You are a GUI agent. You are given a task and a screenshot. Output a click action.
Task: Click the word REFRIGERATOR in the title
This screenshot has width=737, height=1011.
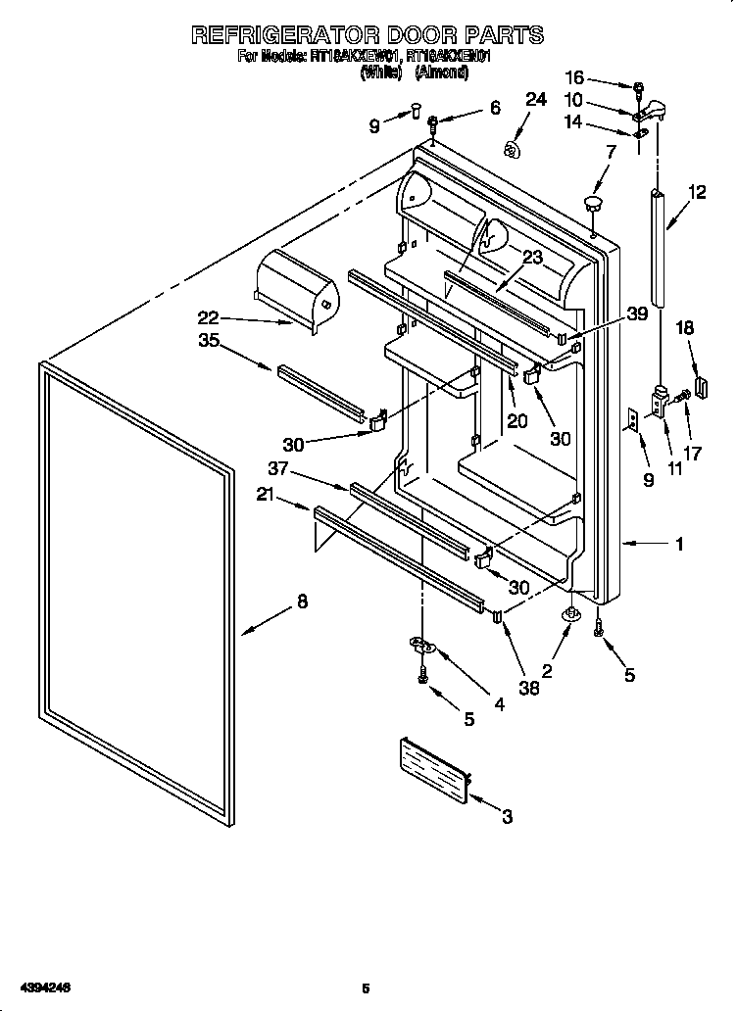pos(285,35)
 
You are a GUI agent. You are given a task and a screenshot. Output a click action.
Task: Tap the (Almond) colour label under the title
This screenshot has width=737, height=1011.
pos(441,72)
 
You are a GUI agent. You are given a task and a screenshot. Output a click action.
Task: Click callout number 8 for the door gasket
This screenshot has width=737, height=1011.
pos(302,602)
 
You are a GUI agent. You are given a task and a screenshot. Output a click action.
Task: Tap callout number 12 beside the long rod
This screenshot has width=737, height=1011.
pos(697,193)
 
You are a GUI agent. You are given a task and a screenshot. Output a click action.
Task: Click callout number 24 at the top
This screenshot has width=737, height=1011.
pos(534,99)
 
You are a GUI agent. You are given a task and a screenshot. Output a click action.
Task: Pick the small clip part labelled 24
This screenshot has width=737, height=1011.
pos(510,148)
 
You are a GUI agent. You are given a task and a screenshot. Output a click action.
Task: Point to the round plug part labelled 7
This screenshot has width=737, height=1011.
pos(592,204)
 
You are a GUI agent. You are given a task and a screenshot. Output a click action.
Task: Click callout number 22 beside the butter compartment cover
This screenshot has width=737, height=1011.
pos(207,317)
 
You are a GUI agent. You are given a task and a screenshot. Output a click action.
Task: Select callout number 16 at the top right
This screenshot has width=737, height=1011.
pos(574,77)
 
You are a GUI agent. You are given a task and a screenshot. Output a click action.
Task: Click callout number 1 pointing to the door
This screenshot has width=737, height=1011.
pos(678,544)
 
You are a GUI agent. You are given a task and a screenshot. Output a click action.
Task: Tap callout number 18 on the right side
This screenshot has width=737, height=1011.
pos(684,330)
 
